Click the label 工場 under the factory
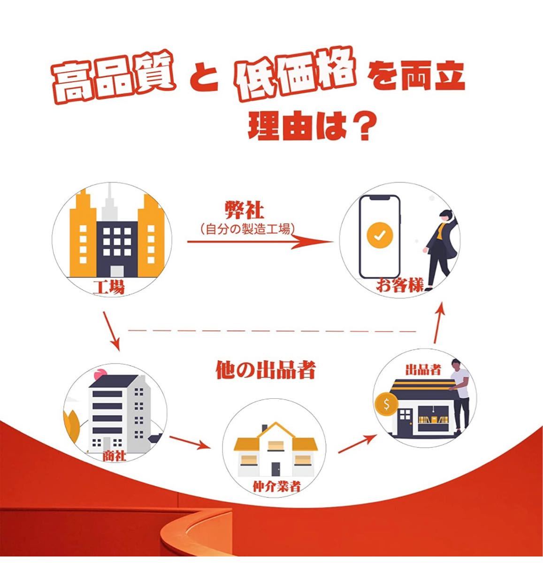[x=108, y=287]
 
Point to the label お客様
[x=399, y=286]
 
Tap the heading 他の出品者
[x=265, y=370]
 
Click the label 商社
[x=114, y=456]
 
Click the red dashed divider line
[x=272, y=331]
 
